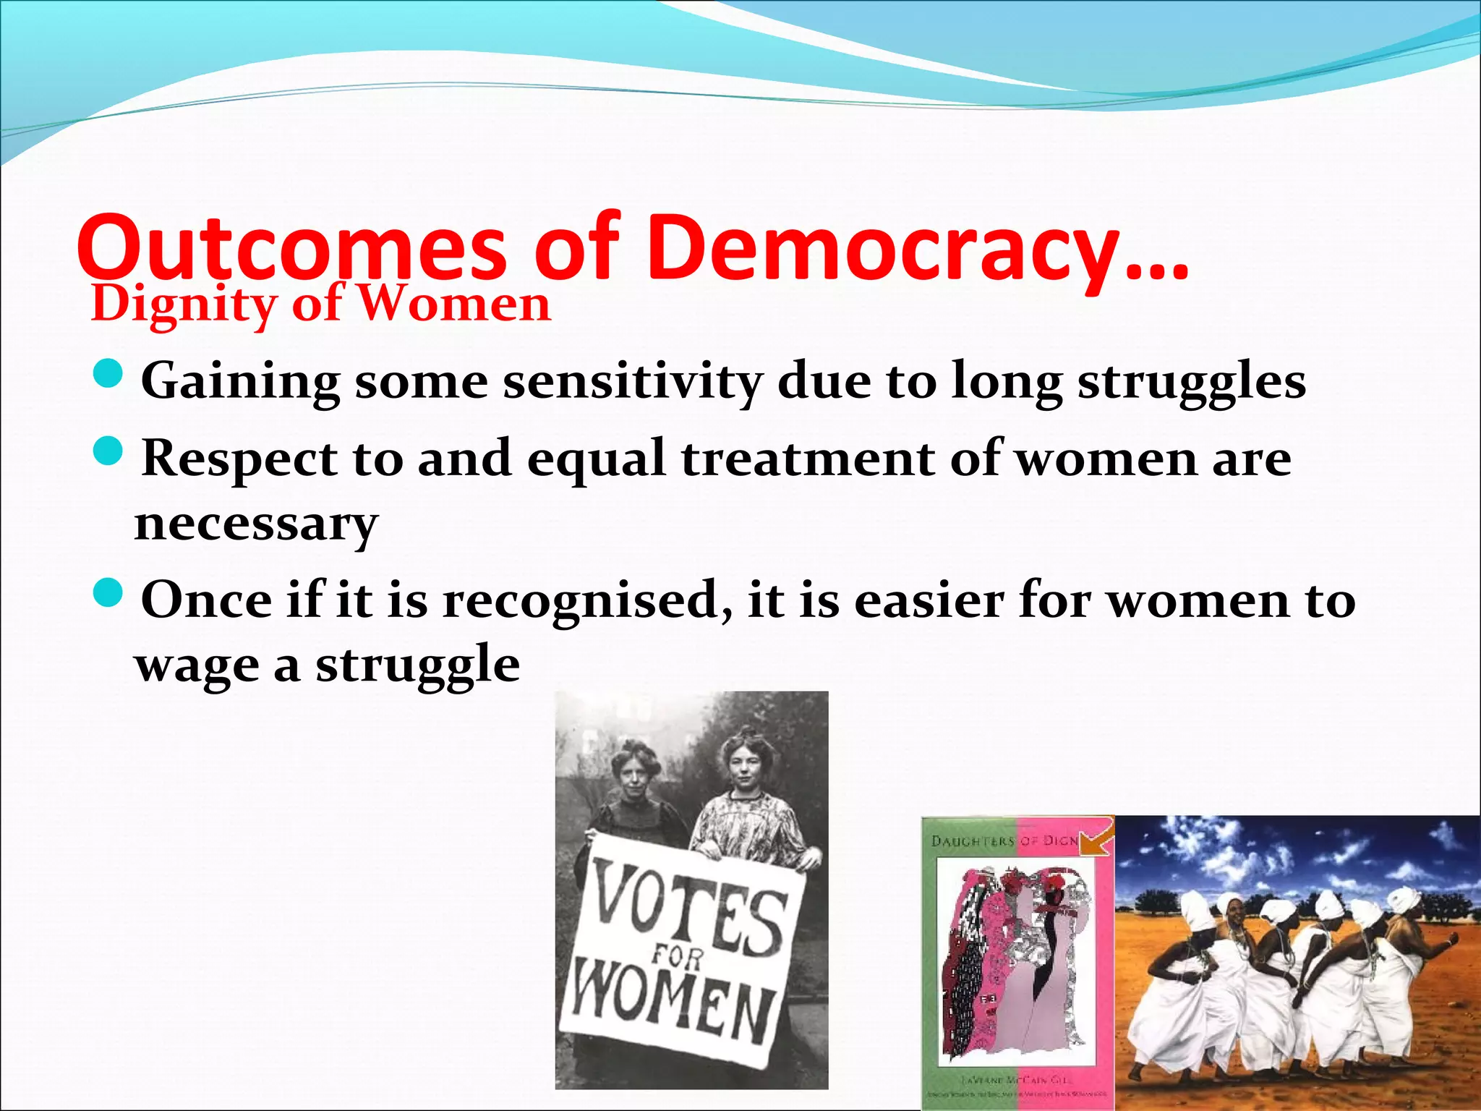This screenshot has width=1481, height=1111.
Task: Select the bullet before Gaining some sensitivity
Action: [x=109, y=375]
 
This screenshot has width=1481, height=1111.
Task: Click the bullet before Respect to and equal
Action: [x=109, y=452]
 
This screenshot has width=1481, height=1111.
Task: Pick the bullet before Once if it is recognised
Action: [x=109, y=594]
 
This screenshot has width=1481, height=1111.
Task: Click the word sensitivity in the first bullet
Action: [x=632, y=381]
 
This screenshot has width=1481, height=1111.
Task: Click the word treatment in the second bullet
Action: [x=808, y=459]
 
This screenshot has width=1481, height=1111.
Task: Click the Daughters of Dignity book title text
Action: [x=1005, y=840]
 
